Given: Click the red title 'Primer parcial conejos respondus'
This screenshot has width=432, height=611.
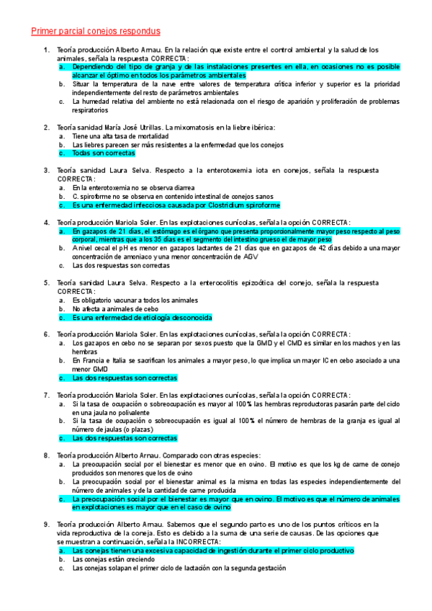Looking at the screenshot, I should pos(95,31).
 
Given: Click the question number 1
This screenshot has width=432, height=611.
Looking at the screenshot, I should pos(45,50).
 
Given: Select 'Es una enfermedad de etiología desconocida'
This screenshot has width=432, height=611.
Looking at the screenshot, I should pos(143,318).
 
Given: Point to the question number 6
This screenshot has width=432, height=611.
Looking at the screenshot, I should pos(45,334).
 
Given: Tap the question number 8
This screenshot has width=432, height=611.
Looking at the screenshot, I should pos(45,455).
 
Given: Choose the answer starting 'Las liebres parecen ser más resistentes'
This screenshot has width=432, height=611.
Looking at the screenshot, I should pos(179,145).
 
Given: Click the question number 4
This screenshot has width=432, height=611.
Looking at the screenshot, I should pos(45,223).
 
